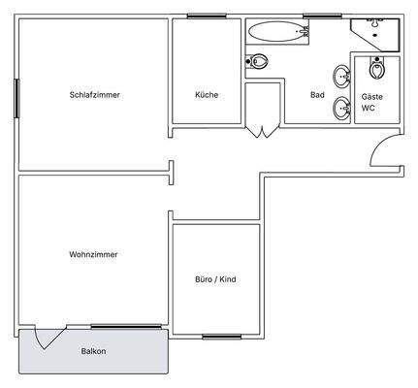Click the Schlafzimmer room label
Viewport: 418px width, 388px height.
(x=95, y=95)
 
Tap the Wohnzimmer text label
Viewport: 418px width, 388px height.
(x=95, y=254)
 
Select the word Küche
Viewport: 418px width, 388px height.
(x=207, y=95)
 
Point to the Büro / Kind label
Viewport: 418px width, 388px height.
(x=215, y=279)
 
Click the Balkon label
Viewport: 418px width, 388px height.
(x=93, y=351)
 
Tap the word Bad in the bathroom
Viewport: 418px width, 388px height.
(x=317, y=95)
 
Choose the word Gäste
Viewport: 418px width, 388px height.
(x=372, y=97)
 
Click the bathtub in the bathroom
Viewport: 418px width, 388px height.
(x=277, y=31)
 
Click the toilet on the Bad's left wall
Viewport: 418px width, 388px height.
(x=257, y=62)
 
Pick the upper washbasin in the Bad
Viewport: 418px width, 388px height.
(x=341, y=76)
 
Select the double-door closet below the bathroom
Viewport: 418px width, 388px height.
(x=260, y=128)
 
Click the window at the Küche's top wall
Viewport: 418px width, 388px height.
(x=207, y=16)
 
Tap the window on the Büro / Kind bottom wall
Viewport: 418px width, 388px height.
(x=222, y=336)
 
